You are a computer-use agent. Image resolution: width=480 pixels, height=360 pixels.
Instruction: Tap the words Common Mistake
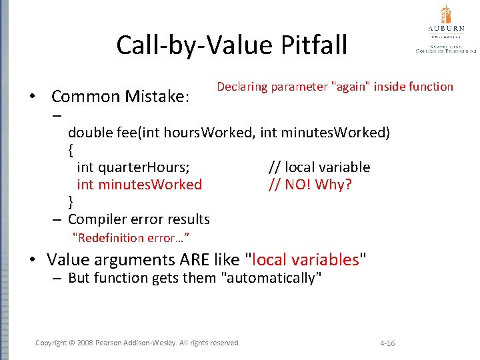click(121, 97)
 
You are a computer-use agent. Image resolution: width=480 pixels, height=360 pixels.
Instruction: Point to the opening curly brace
click(71, 150)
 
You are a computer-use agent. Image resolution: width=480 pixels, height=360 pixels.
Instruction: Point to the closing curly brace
click(71, 201)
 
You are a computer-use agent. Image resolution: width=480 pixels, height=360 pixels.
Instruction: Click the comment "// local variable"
click(319, 167)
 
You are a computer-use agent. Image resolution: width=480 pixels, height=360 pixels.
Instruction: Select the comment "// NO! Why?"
click(309, 185)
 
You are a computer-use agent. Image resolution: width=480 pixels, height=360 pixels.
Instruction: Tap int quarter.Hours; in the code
click(133, 167)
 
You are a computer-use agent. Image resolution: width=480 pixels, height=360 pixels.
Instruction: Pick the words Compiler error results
click(139, 219)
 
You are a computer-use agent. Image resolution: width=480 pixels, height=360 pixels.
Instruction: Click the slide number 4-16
click(387, 343)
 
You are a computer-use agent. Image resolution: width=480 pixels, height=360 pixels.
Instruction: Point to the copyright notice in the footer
click(137, 343)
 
